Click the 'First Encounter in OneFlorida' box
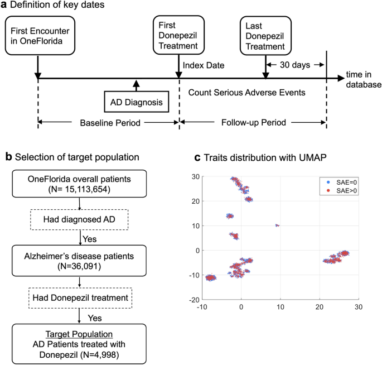pos(38,36)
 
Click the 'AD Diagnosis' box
pos(134,103)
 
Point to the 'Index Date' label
pos(204,65)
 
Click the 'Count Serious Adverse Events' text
pos(247,92)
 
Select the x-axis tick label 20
pos(320,307)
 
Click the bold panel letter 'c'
pos(197,157)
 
